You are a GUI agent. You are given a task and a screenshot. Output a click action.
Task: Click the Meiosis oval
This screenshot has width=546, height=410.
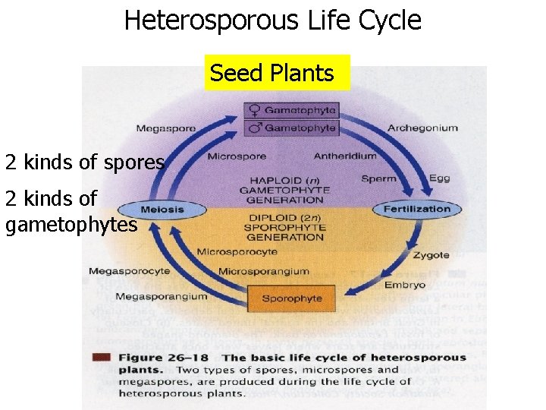click(x=162, y=210)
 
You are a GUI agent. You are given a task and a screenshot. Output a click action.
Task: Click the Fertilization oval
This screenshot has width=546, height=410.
click(x=416, y=209)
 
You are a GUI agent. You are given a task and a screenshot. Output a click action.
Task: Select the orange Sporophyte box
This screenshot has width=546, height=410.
click(x=292, y=298)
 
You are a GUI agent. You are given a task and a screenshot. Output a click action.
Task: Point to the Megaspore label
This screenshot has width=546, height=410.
click(x=165, y=128)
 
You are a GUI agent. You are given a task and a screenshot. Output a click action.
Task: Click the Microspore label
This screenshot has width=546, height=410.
click(x=237, y=156)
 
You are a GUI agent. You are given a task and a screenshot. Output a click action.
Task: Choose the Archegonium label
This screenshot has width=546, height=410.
click(x=422, y=128)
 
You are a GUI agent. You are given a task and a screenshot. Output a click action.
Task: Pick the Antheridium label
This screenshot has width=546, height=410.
click(x=344, y=156)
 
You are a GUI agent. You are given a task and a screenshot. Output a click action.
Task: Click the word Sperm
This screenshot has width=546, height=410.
click(x=378, y=179)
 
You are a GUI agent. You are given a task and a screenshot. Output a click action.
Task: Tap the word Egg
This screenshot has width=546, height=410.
click(x=419, y=179)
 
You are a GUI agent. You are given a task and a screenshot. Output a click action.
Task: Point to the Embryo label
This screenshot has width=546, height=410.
click(x=404, y=285)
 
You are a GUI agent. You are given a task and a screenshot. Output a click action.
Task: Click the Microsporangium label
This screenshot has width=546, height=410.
click(x=263, y=271)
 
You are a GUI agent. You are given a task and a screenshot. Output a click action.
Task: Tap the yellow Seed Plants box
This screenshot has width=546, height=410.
click(x=272, y=73)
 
